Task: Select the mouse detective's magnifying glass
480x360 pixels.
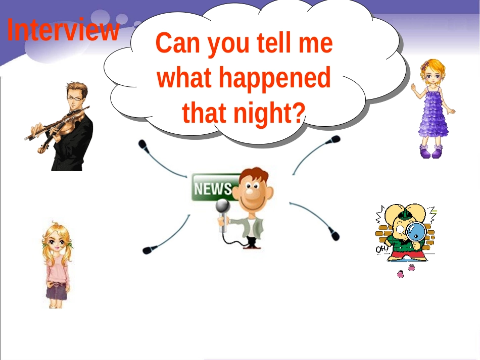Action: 416,232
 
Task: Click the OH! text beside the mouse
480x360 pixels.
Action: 382,250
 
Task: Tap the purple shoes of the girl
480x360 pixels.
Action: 431,151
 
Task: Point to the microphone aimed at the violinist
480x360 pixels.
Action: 143,145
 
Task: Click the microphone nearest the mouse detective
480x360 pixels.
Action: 333,234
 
